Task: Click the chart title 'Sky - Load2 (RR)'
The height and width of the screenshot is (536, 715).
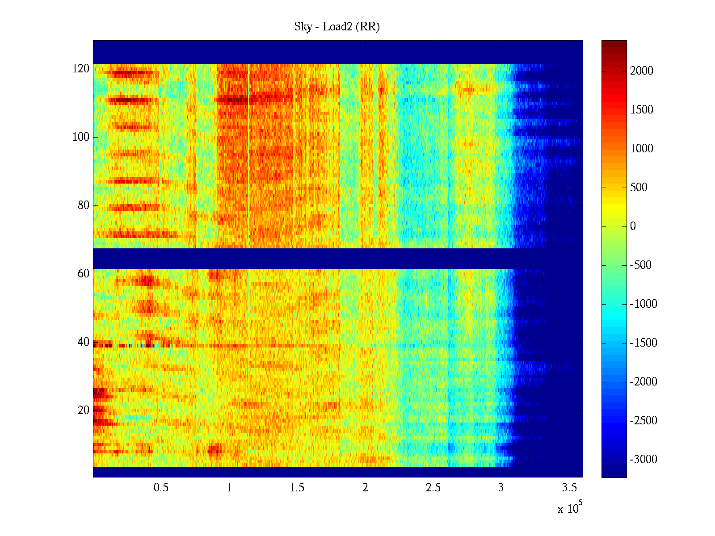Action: pos(337,27)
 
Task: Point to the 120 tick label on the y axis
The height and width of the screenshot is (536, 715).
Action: pos(81,69)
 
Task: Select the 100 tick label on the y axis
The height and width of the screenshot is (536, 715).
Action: pos(81,137)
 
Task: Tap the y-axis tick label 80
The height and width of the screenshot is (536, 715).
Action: pos(84,205)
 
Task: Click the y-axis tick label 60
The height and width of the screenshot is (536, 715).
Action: pos(84,274)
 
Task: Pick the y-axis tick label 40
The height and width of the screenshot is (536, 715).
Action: pos(84,342)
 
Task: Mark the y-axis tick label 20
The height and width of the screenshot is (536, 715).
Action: pos(84,410)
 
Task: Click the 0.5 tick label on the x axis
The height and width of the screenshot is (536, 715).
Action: pos(161,488)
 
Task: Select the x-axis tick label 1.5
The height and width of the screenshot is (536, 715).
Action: pos(297,488)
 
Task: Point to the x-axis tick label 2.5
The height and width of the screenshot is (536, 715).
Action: pos(433,488)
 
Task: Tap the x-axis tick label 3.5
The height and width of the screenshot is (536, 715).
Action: pos(569,488)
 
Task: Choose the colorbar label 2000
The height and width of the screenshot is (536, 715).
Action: pos(642,71)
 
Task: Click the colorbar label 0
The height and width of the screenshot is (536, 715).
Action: pos(633,226)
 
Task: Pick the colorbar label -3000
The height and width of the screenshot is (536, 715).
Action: pos(643,460)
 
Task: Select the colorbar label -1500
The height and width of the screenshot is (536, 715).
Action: pos(643,343)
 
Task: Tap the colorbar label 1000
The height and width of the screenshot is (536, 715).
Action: pos(642,149)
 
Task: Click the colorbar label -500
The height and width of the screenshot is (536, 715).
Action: pos(641,265)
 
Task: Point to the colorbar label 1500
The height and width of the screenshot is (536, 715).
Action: pos(642,110)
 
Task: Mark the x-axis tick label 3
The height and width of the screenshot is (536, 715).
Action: pos(501,488)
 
